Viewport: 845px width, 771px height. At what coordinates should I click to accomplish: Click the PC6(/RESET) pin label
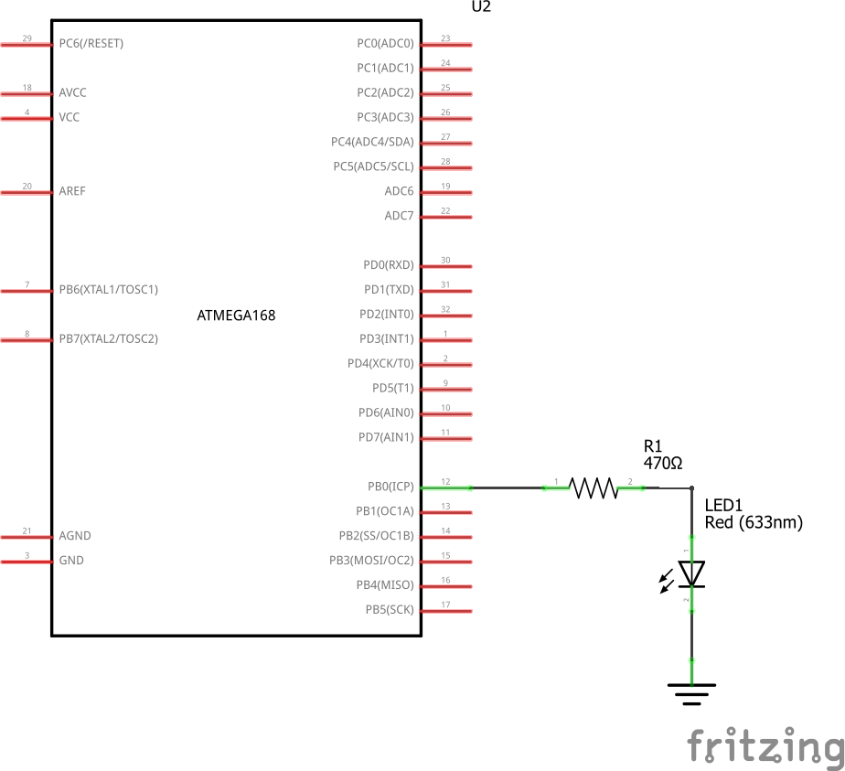[x=91, y=43]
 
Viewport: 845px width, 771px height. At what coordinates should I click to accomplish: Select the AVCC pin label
[x=72, y=92]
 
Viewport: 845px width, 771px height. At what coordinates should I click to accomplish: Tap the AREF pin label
[x=72, y=191]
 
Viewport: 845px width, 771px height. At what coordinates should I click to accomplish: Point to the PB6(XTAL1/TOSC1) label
[x=108, y=290]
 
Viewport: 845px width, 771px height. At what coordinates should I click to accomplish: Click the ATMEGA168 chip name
[x=236, y=316]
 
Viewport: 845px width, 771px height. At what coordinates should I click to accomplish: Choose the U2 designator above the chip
[x=481, y=7]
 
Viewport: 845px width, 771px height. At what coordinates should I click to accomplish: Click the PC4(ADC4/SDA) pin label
[x=372, y=142]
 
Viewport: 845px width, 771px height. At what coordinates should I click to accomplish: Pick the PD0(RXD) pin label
[x=388, y=265]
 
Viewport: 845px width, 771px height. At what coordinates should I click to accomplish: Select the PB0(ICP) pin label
[x=390, y=487]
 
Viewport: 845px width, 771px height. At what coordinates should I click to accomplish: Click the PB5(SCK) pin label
[x=389, y=610]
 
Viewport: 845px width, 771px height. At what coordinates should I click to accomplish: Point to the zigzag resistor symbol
[x=595, y=487]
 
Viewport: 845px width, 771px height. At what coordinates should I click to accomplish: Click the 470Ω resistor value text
[x=663, y=464]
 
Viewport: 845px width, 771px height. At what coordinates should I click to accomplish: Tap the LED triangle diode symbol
[x=692, y=573]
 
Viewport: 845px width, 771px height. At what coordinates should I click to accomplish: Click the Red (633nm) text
[x=754, y=523]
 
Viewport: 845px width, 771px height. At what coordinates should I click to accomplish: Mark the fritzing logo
[x=765, y=745]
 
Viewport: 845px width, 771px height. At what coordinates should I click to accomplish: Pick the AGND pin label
[x=75, y=536]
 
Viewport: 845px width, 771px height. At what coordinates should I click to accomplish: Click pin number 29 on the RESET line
[x=27, y=38]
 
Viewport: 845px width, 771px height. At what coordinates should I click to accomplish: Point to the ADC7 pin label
[x=399, y=216]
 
